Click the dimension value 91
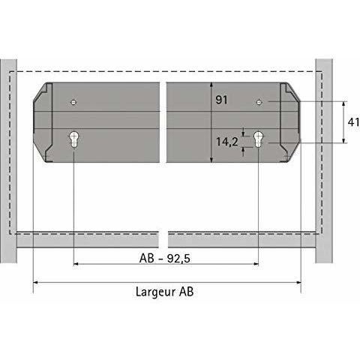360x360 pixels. tap(221, 100)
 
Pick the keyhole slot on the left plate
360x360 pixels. tap(74, 139)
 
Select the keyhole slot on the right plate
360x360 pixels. tap(258, 139)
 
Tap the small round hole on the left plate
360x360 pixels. tap(73, 101)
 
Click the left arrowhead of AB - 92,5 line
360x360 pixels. tap(77, 263)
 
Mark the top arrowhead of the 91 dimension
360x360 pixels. tap(211, 85)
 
